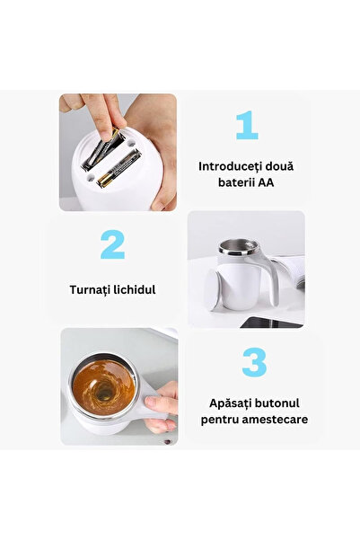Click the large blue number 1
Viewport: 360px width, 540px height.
(246, 126)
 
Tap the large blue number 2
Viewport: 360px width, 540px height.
(111, 244)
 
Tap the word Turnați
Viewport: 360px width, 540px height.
(93, 291)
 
